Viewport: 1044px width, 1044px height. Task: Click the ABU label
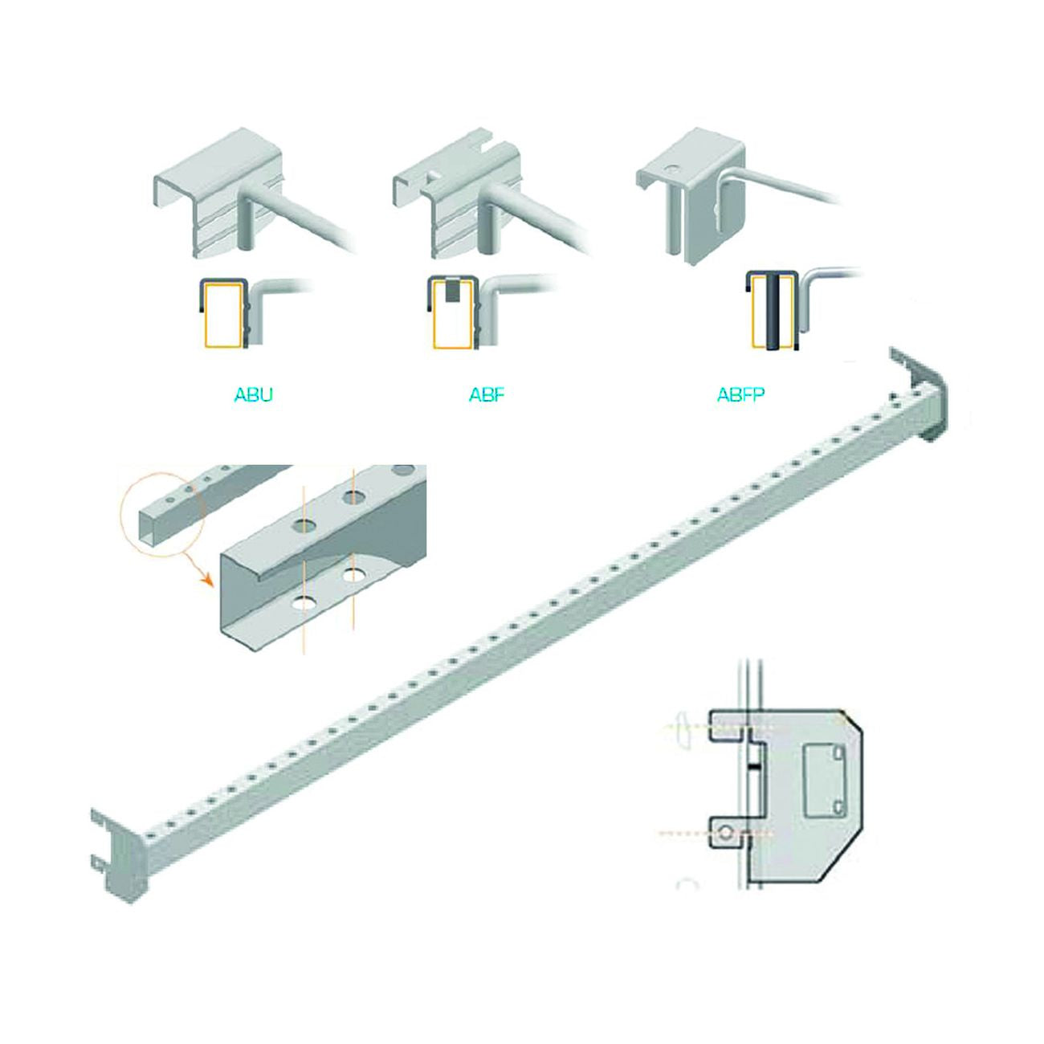pos(253,394)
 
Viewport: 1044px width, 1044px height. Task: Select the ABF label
pos(486,394)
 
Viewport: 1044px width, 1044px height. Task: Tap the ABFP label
pos(740,394)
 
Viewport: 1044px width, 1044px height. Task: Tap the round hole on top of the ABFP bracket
pos(672,169)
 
